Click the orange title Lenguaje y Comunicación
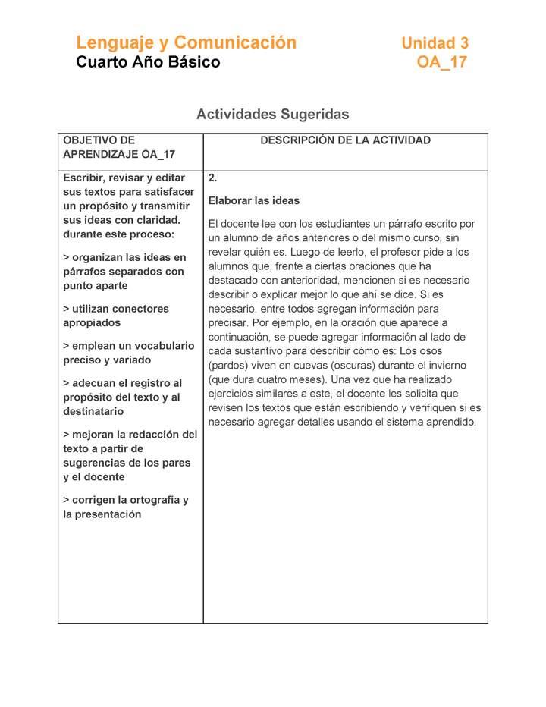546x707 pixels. [186, 42]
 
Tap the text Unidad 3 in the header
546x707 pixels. [435, 43]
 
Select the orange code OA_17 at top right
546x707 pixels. [441, 62]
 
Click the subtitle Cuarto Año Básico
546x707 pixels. [148, 62]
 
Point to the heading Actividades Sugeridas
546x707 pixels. [272, 115]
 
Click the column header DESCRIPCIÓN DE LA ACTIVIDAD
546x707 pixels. [345, 140]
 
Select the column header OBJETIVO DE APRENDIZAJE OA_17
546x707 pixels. [119, 147]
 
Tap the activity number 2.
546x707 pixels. [213, 178]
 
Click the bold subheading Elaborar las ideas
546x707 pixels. [254, 201]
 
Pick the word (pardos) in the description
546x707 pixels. [229, 366]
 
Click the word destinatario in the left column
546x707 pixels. [95, 411]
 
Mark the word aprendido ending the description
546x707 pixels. [449, 423]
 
